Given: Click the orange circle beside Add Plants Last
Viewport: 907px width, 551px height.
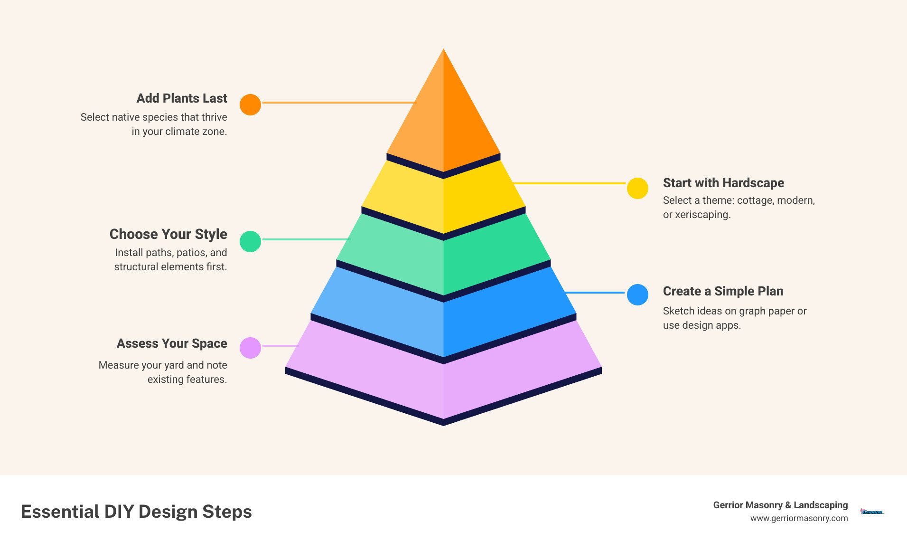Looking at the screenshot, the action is pyautogui.click(x=250, y=104).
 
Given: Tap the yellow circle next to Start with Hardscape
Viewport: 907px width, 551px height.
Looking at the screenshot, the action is pyautogui.click(x=637, y=189).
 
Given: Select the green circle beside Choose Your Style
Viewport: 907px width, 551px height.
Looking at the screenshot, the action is pyautogui.click(x=250, y=241).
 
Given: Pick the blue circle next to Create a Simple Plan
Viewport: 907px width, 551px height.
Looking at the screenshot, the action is pyautogui.click(x=637, y=294).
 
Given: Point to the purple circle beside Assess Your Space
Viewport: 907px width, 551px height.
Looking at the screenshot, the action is pyautogui.click(x=250, y=348).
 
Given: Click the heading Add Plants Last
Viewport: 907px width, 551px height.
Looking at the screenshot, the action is pyautogui.click(x=182, y=98).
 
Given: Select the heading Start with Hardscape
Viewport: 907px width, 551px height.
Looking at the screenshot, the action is pyautogui.click(x=723, y=183).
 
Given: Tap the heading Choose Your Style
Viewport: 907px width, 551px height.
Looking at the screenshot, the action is pyautogui.click(x=168, y=234).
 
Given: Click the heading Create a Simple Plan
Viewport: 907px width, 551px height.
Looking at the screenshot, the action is pyautogui.click(x=723, y=291).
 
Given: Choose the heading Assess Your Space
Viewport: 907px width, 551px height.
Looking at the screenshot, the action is pyautogui.click(x=172, y=343).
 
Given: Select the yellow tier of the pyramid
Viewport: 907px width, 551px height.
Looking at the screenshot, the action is pyautogui.click(x=443, y=199).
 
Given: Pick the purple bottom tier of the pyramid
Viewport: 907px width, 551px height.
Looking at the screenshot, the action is pyautogui.click(x=443, y=380).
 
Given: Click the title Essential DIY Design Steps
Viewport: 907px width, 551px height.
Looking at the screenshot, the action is pyautogui.click(x=136, y=512).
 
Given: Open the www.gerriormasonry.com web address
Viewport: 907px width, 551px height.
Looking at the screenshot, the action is pyautogui.click(x=799, y=518).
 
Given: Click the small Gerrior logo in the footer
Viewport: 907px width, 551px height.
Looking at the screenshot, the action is pyautogui.click(x=872, y=512).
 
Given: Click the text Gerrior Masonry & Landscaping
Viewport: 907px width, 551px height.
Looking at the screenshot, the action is pyautogui.click(x=780, y=505).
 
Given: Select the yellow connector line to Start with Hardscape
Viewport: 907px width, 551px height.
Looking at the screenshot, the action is pyautogui.click(x=570, y=183).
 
